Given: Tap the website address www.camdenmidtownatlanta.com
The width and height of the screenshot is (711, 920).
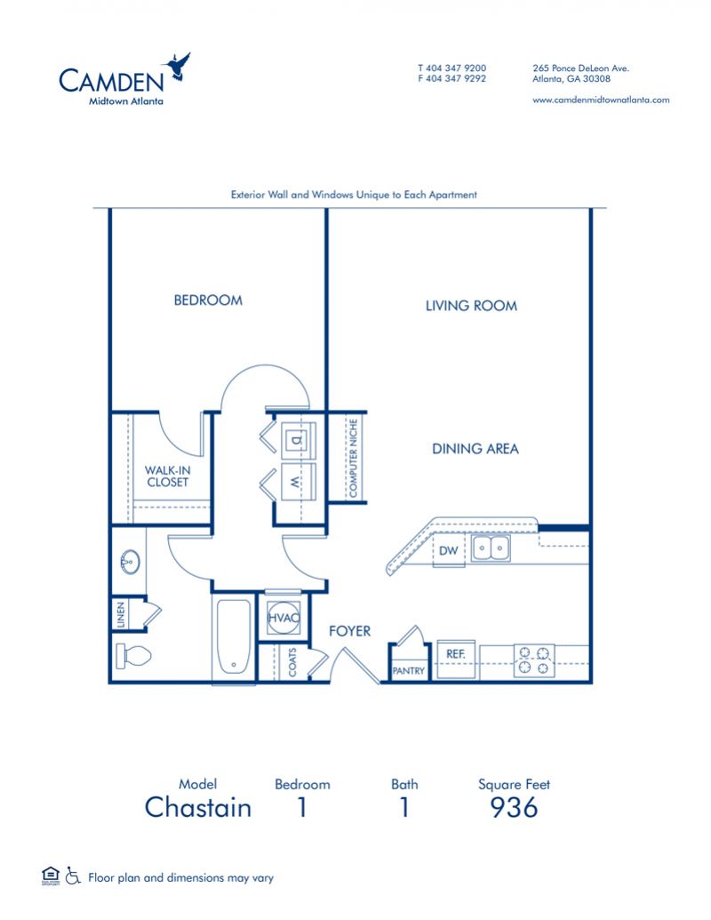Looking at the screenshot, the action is coord(601,100).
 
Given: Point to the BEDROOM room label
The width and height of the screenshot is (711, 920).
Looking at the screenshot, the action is coord(208,300).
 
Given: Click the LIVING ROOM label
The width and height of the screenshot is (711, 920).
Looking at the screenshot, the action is coord(472,306).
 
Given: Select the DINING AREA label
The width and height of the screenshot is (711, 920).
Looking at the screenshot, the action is coord(475,449).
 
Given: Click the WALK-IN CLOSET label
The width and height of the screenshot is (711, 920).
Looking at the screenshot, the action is coord(168,476).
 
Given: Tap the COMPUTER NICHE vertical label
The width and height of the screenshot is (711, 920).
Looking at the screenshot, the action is coord(353,458).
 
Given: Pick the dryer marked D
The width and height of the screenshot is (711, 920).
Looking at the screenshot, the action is coord(297,439).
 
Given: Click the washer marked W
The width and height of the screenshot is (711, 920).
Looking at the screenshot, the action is coord(297,482).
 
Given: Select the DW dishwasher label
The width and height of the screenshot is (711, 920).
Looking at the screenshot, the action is coord(448,550).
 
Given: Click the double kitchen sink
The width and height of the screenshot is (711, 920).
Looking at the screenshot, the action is coord(491,549).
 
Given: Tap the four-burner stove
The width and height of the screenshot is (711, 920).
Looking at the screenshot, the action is coord(534,660).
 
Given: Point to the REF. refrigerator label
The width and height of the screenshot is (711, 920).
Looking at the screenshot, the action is coord(456,654).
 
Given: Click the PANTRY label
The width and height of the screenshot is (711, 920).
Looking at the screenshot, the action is coord(408,670).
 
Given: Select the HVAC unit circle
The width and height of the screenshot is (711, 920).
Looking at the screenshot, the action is coord(284,618).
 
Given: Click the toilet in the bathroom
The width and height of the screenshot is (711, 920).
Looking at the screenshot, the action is coord(133,655).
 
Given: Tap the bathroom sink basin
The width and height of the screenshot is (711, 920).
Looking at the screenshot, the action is coord(130,562).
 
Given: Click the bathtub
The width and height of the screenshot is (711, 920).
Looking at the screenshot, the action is coord(234,636).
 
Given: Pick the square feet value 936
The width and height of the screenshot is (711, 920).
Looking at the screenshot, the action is coord(514,808).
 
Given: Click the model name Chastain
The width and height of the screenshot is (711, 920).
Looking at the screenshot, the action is coord(198,807).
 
